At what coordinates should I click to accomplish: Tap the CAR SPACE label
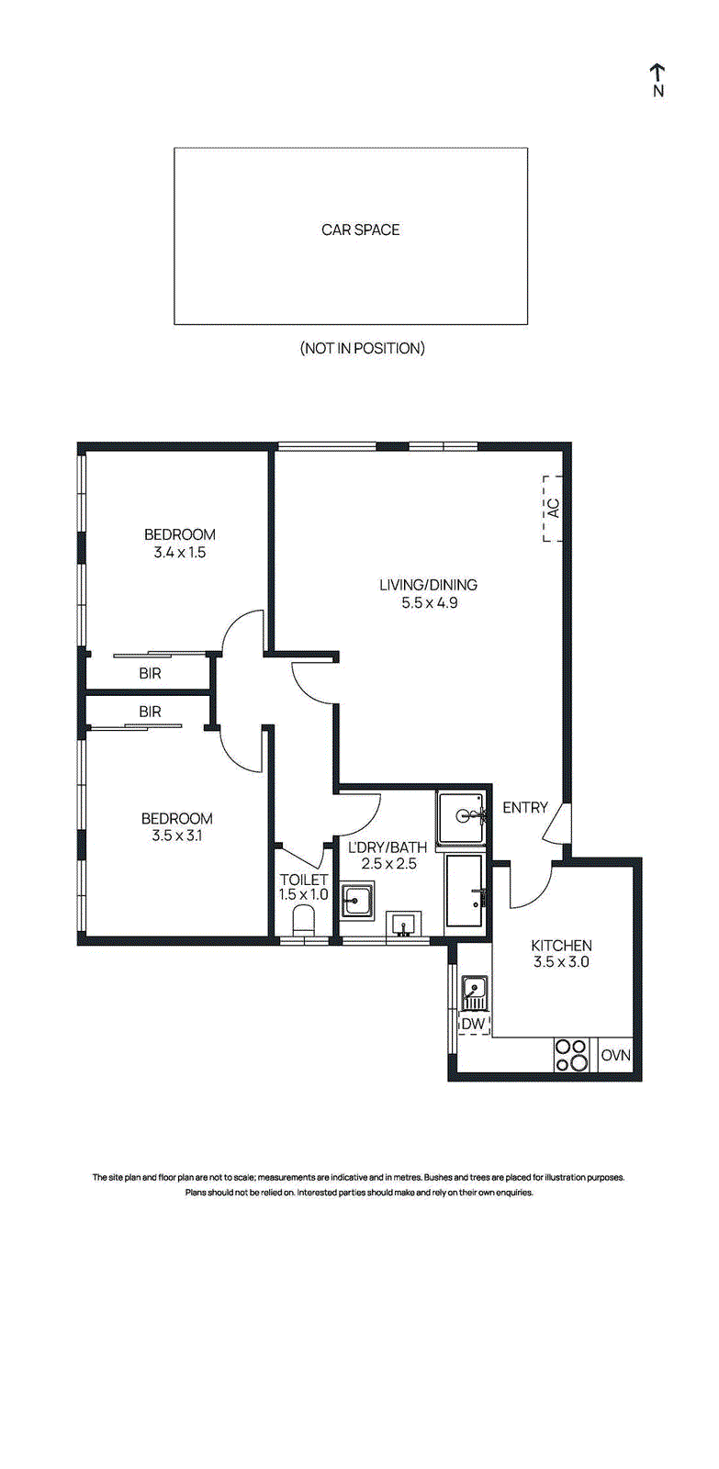point(360,230)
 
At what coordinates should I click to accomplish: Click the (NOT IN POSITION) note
point(362,348)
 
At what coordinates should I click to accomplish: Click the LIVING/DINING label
point(429,584)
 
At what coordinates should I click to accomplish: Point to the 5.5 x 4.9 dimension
point(429,602)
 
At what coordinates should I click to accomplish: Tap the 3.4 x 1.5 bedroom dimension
point(180,552)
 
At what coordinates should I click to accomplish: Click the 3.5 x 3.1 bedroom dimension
point(176,835)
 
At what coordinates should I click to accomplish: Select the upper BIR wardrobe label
point(150,674)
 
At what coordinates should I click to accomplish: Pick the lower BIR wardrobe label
point(150,712)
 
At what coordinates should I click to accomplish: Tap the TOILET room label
point(303,880)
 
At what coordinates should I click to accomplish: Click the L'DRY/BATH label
point(388,847)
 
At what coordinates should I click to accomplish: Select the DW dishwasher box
point(474,1023)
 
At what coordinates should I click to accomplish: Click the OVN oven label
point(616,1055)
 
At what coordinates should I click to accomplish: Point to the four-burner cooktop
point(572,1055)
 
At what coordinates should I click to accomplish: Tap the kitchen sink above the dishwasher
point(473,992)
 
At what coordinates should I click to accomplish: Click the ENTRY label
point(525,808)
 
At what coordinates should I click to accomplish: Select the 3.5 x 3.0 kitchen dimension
point(562,962)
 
